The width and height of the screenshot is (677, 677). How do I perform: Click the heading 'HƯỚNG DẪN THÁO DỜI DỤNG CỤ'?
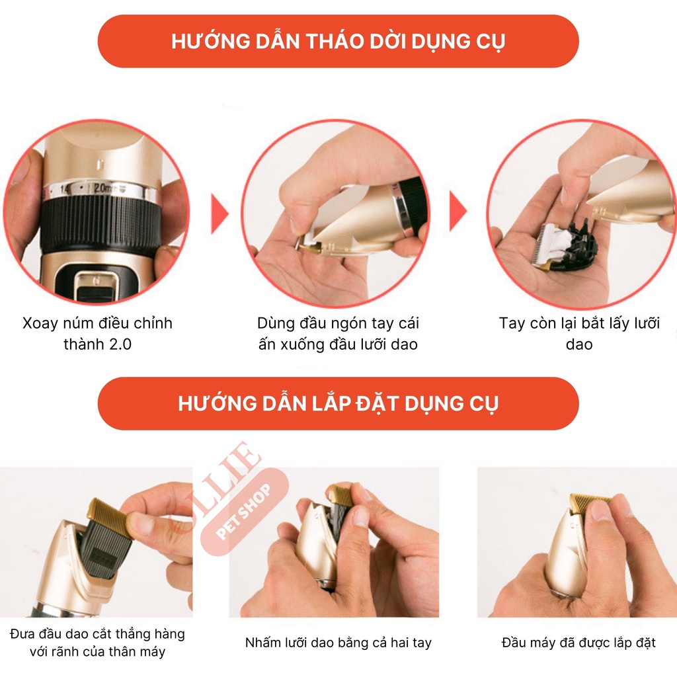(x=338, y=41)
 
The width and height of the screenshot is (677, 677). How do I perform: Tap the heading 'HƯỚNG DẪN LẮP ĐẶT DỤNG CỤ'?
(x=338, y=403)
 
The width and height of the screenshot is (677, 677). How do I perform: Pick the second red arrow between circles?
(x=458, y=214)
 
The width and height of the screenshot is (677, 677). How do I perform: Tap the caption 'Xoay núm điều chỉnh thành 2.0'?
(x=97, y=333)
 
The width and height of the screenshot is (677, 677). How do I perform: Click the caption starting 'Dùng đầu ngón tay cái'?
(x=338, y=333)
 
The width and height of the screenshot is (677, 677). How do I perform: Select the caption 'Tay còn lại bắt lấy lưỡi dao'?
(x=579, y=333)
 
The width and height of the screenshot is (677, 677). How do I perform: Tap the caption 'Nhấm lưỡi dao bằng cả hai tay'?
(x=338, y=643)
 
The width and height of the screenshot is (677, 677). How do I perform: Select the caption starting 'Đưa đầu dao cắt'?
(x=97, y=643)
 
